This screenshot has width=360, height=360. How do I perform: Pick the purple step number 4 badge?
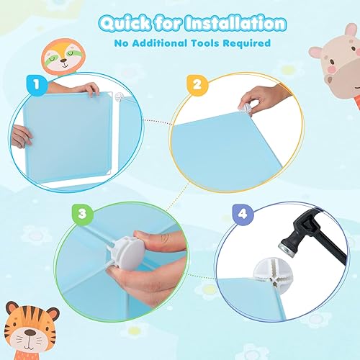[243, 214]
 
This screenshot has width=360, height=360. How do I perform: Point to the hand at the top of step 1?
[86, 89]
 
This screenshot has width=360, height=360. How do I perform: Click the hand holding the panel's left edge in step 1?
[22, 135]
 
